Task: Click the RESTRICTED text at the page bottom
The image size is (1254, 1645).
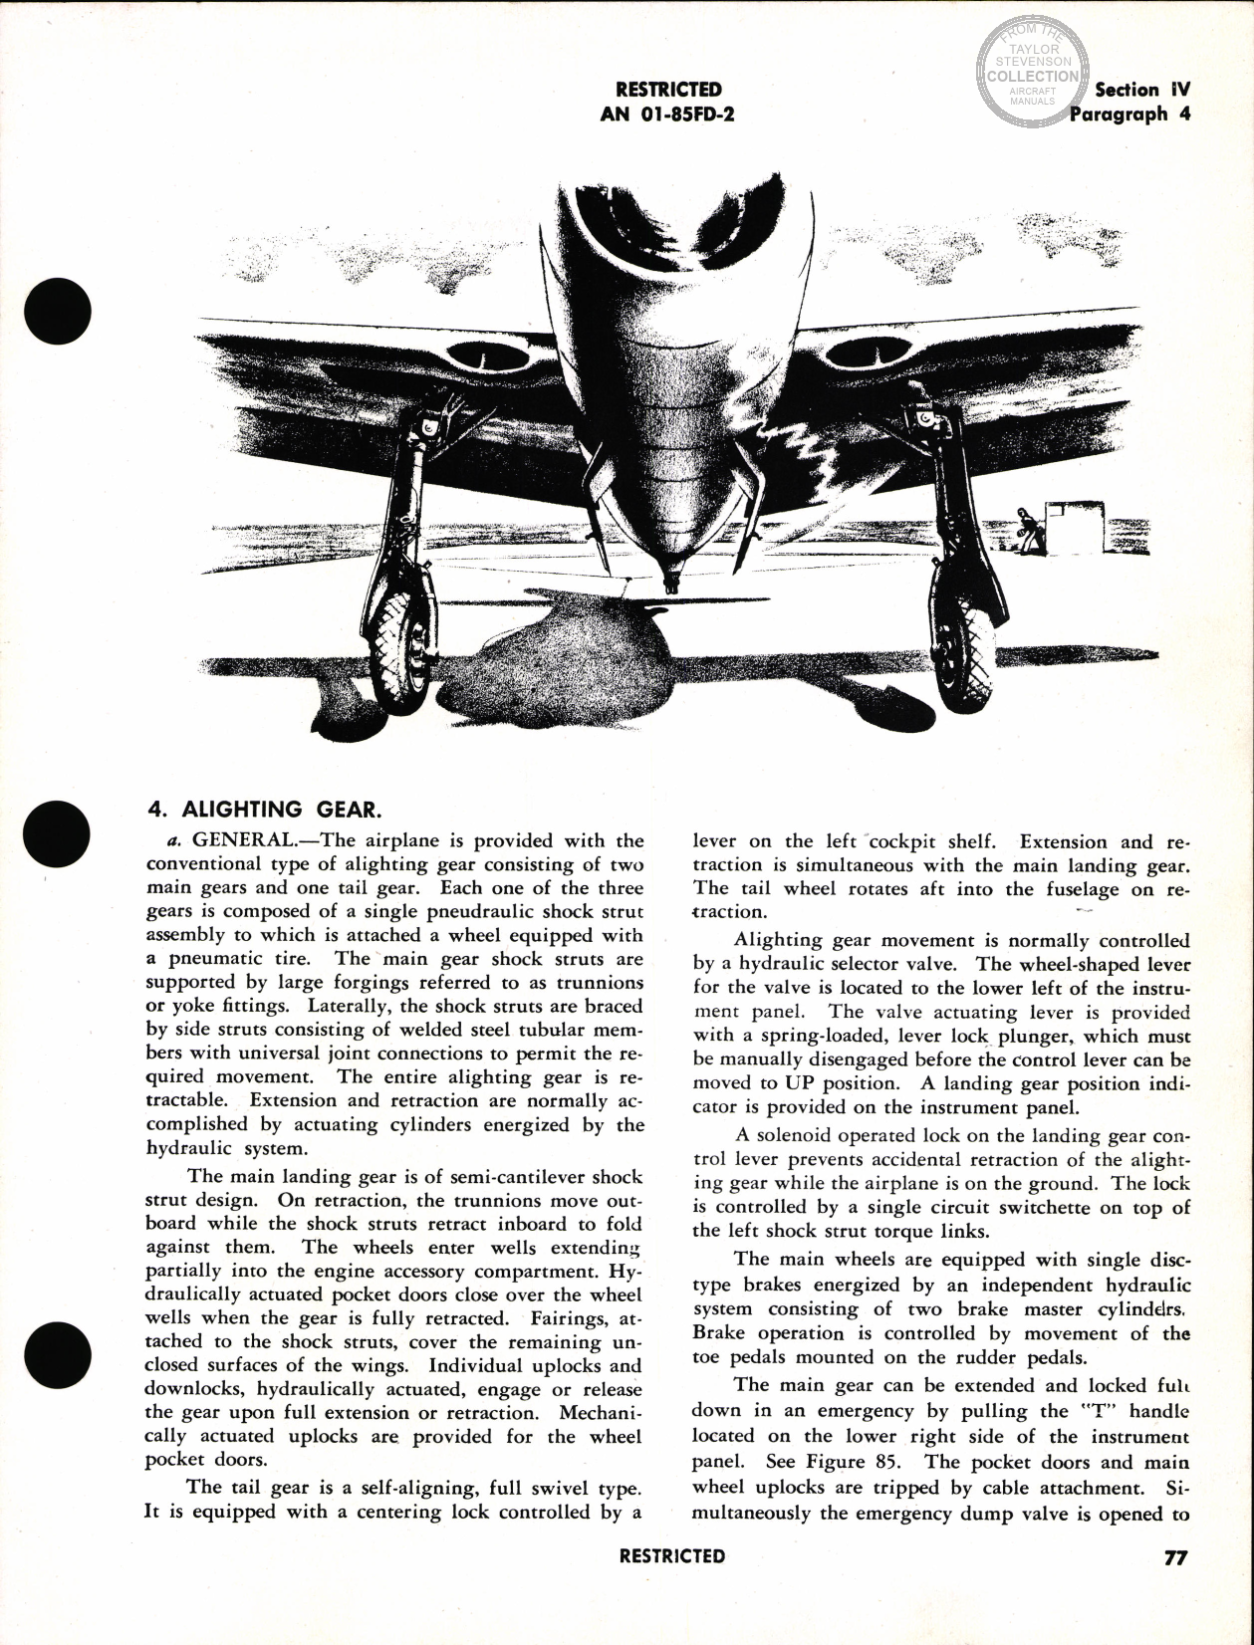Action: tap(671, 1556)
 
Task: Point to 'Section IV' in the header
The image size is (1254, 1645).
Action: tap(1141, 90)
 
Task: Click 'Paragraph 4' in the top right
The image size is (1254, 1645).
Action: tap(1129, 114)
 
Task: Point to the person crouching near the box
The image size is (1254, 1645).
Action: tap(1025, 527)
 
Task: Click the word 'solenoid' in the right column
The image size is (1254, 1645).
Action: tap(793, 1136)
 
